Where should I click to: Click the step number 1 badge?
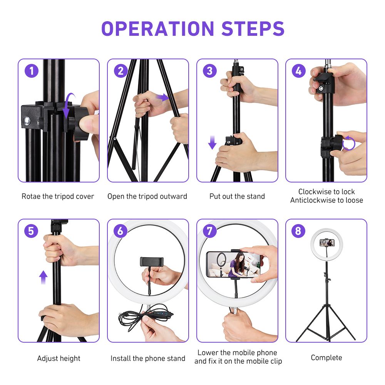pos(32,71)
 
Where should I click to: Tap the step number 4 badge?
pos(299,71)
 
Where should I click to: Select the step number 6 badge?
pos(121,231)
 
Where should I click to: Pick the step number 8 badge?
pos(299,231)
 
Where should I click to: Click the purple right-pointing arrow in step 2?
pos(163,98)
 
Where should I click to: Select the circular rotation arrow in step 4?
pos(348,143)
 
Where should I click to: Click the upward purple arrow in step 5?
pos(44,276)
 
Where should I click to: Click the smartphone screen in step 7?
pos(233,264)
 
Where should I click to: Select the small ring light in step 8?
pos(326,243)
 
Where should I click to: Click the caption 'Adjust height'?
pos(59,358)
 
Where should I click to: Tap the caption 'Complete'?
pos(326,358)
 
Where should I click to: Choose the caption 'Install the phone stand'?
pos(148,358)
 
